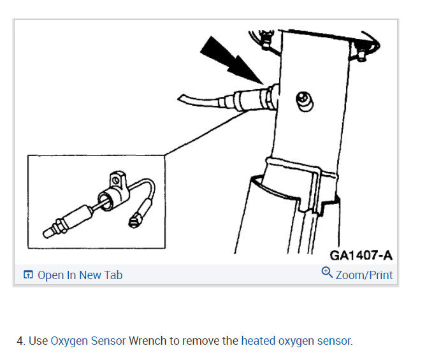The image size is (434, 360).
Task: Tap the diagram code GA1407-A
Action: click(x=361, y=256)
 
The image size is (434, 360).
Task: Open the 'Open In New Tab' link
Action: click(x=80, y=275)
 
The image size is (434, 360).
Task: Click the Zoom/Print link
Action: click(x=364, y=275)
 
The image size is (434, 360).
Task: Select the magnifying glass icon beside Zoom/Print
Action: click(x=327, y=273)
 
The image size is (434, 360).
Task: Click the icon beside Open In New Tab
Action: click(x=28, y=275)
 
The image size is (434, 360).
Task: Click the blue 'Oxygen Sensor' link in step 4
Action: click(x=88, y=341)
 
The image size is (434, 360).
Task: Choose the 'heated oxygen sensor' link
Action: click(x=296, y=341)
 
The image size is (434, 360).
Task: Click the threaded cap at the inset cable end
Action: click(x=134, y=220)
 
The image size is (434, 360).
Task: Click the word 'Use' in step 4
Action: click(x=38, y=341)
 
